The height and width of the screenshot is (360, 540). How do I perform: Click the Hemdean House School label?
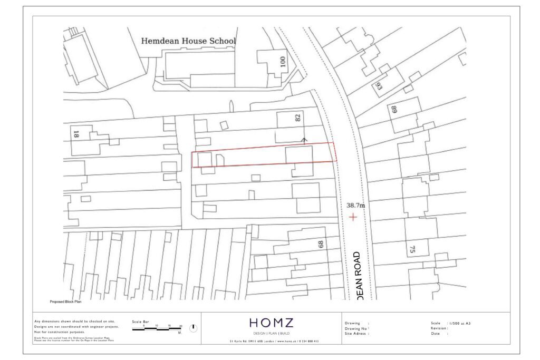188,41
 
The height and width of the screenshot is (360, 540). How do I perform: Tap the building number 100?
283,62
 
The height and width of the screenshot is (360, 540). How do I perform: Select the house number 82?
298,118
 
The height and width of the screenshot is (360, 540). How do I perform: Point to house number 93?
379,86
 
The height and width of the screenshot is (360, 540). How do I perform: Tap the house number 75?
412,249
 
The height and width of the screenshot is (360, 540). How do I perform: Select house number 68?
320,245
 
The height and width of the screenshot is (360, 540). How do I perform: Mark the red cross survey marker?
352,217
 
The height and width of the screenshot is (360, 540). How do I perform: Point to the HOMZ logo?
271,323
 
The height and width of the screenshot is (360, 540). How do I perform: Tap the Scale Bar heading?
140,321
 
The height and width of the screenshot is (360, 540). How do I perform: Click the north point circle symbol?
193,328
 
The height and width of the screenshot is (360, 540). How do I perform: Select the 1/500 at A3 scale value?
458,323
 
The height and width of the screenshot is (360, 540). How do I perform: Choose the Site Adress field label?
356,334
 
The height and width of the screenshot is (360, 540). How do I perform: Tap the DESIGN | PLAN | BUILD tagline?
271,334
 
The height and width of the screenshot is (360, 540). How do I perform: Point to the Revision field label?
439,328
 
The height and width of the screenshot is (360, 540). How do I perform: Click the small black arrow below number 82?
304,140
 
